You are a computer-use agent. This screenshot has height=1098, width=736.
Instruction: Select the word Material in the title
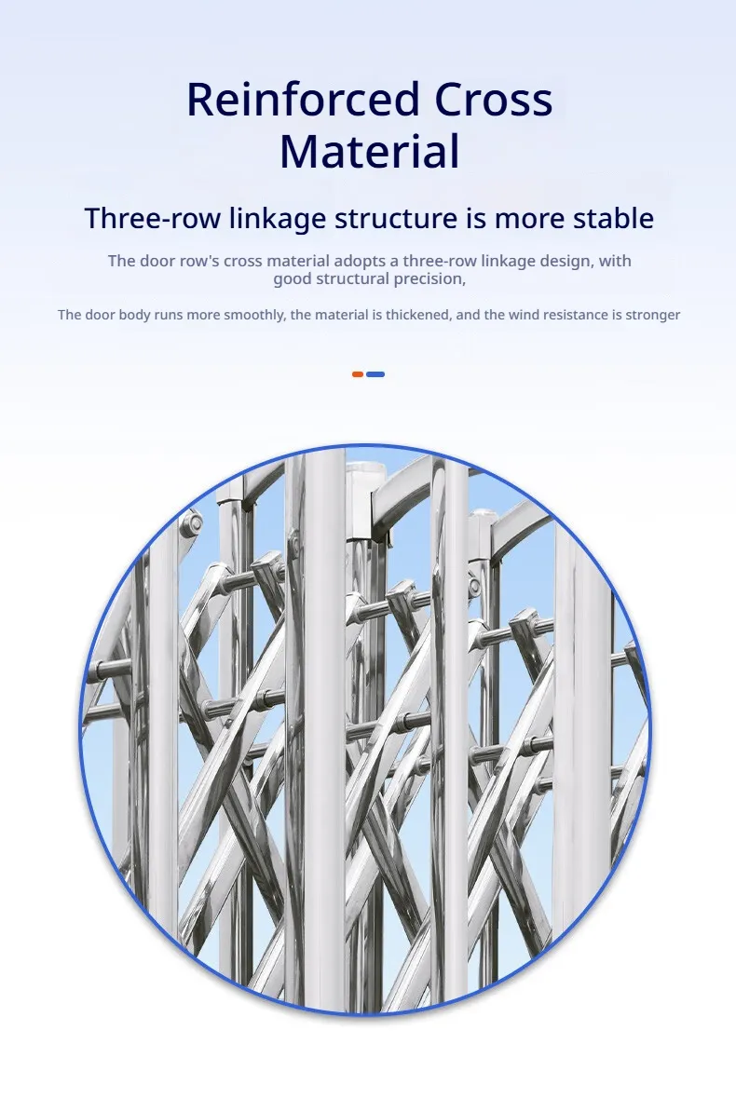(370, 151)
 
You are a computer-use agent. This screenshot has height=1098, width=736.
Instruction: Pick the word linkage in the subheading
(278, 219)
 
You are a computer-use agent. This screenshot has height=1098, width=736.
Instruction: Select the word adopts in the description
(360, 261)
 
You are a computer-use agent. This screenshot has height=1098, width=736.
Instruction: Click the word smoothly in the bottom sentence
(252, 315)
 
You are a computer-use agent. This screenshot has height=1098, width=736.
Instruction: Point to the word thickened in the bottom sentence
(418, 315)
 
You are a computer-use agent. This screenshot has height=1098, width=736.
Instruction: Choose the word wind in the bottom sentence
(523, 315)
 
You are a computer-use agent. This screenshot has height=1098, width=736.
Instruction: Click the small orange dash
(357, 374)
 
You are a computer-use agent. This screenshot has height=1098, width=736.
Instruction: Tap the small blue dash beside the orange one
(375, 374)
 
